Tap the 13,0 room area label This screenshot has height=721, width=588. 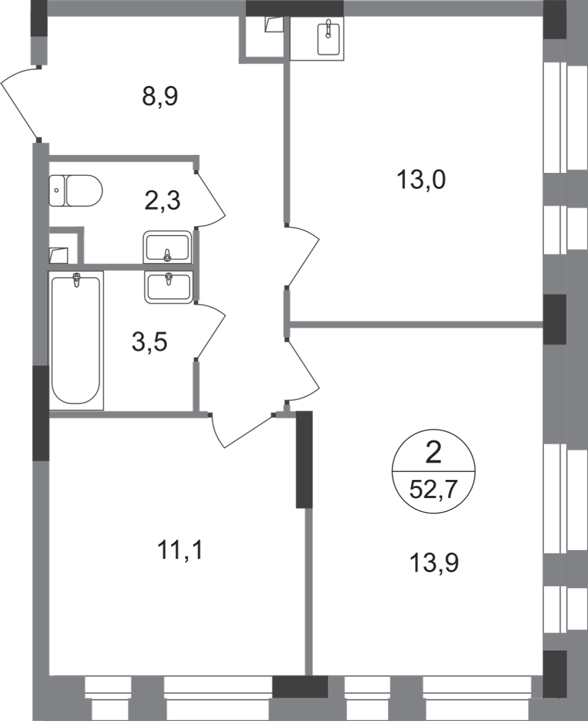pyautogui.click(x=421, y=180)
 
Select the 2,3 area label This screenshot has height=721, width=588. pyautogui.click(x=163, y=200)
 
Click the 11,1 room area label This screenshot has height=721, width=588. pyautogui.click(x=180, y=551)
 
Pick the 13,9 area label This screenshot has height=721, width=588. pyautogui.click(x=434, y=564)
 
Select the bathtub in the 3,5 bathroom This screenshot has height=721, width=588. pyautogui.click(x=76, y=340)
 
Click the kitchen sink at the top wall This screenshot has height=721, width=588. pyautogui.click(x=327, y=38)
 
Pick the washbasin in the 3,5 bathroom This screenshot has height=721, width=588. pyautogui.click(x=168, y=286)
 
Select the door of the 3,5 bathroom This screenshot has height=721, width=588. pyautogui.click(x=212, y=331)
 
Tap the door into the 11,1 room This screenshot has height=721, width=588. pyautogui.click(x=240, y=431)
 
